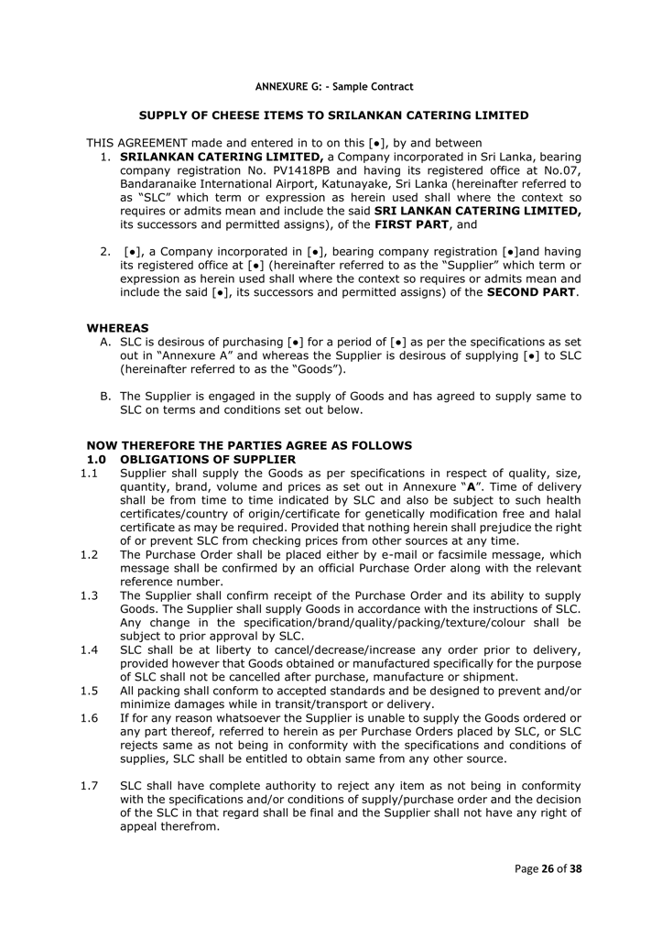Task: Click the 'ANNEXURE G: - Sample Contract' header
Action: (x=333, y=87)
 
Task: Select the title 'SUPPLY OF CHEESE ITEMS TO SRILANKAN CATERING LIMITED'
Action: (x=333, y=115)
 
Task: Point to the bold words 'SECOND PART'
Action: (x=531, y=292)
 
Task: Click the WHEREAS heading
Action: (x=117, y=327)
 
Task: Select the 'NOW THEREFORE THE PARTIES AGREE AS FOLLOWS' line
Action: (x=249, y=445)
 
